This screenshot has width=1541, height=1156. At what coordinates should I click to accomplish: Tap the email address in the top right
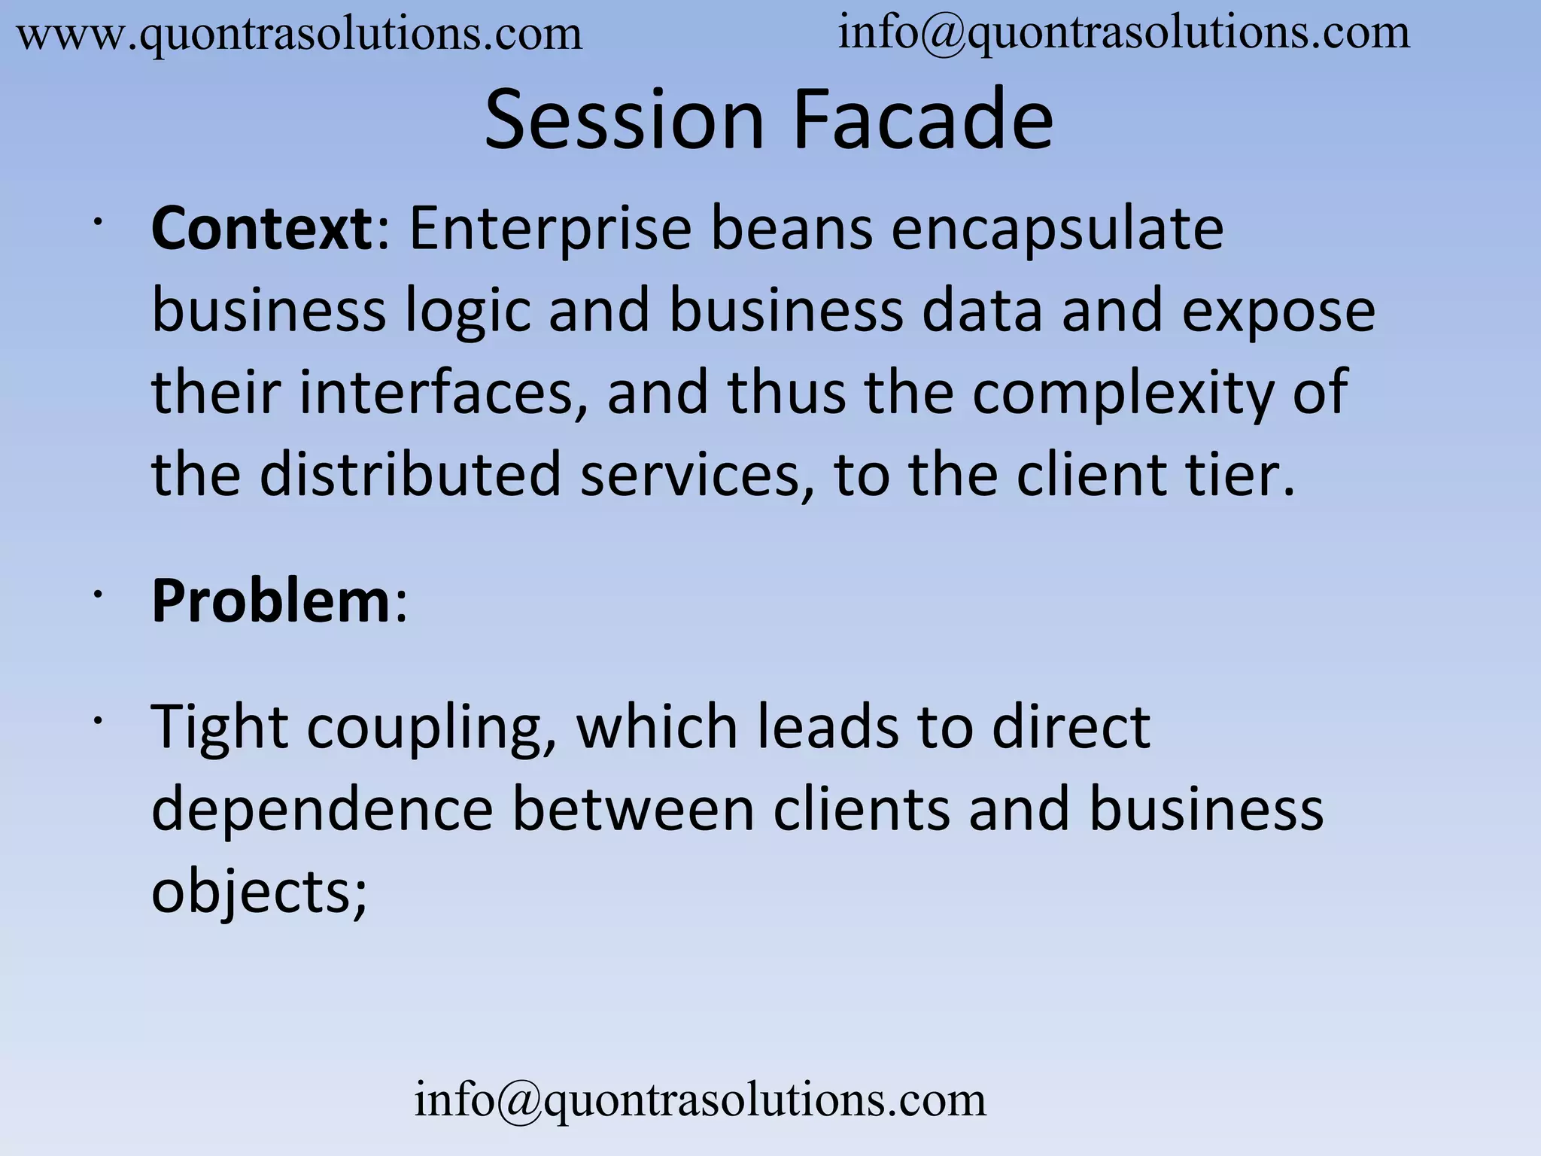(x=1123, y=34)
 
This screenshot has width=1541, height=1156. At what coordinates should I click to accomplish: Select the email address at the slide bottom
(x=700, y=1100)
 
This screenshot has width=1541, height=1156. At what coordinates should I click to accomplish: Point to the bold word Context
(x=260, y=229)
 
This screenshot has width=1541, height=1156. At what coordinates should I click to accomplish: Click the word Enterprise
(x=550, y=230)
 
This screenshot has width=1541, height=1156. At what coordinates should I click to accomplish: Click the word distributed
(x=410, y=476)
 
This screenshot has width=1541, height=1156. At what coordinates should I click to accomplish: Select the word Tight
(x=219, y=729)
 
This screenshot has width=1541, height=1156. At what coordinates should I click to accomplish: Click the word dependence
(x=322, y=811)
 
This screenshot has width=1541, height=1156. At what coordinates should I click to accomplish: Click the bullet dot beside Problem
(x=97, y=595)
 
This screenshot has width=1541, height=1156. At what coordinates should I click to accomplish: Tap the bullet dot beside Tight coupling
(x=97, y=720)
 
